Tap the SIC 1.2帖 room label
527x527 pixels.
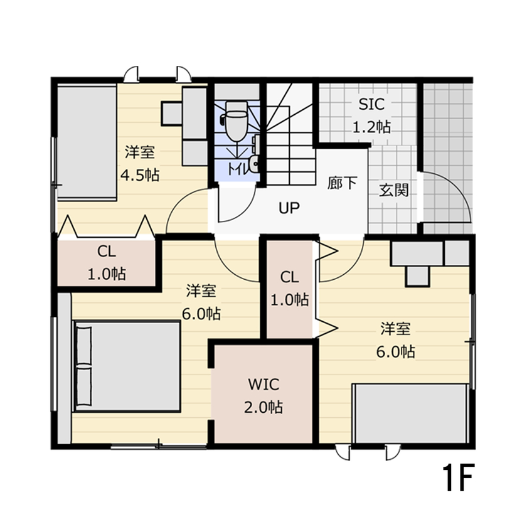point(371,115)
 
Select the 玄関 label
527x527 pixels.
point(393,189)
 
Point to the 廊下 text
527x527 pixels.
point(343,183)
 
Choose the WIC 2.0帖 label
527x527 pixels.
point(263,395)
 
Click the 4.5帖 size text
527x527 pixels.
point(139,174)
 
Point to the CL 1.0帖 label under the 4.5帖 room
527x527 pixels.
point(106,262)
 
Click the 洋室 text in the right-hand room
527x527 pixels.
point(395,329)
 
